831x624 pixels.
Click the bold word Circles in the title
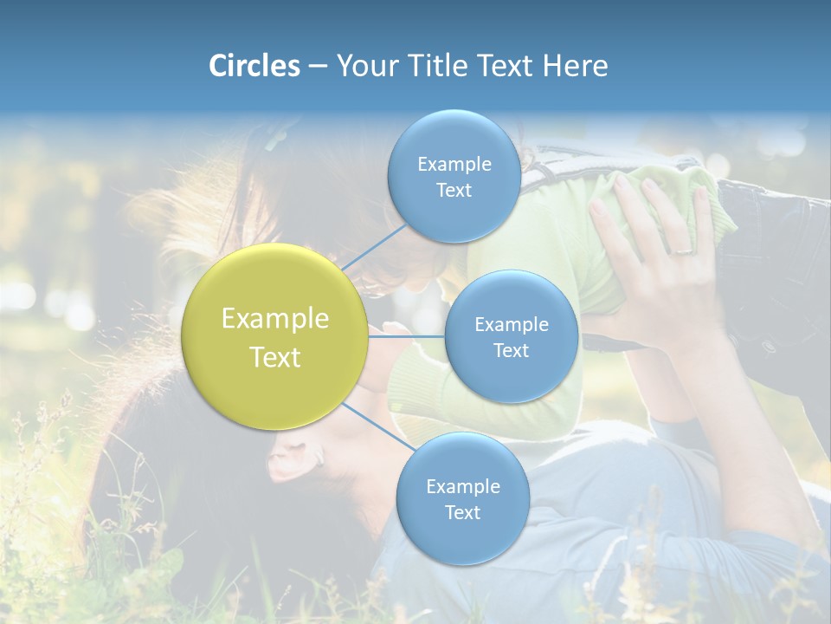click(x=254, y=66)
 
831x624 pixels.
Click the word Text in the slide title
click(x=506, y=66)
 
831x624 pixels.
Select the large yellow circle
click(x=275, y=337)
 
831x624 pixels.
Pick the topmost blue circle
click(x=454, y=176)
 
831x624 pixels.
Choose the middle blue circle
click(x=511, y=336)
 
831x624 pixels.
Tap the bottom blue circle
click(x=462, y=498)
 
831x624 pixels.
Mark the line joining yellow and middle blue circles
click(x=407, y=336)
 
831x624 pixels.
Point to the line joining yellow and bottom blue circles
click(x=378, y=428)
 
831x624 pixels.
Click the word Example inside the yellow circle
click(x=275, y=319)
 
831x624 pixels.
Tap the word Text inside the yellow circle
click(x=275, y=357)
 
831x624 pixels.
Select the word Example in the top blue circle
click(x=454, y=165)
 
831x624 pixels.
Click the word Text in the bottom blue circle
click(x=462, y=512)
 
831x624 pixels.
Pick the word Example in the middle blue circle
click(x=511, y=325)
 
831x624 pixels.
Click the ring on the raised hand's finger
click(x=683, y=250)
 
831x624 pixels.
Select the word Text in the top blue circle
click(x=454, y=190)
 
